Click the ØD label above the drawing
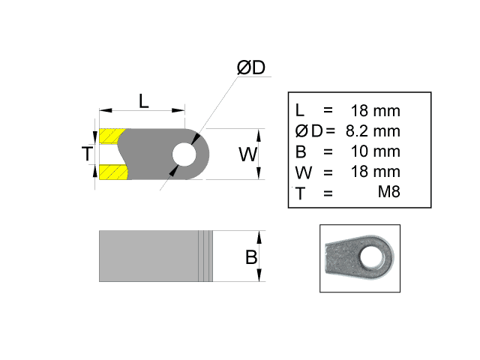[251, 67]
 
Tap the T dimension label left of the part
[88, 154]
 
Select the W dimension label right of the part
[248, 154]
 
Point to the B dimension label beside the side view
[251, 257]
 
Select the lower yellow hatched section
[112, 173]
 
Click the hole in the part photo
[370, 257]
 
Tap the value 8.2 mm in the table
[373, 131]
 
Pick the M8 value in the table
[388, 193]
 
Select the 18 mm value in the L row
[375, 111]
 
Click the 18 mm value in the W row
[375, 172]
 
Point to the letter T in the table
[301, 193]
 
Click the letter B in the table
[301, 151]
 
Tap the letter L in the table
[301, 111]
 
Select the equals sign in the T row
[328, 193]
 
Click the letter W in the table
[303, 172]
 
